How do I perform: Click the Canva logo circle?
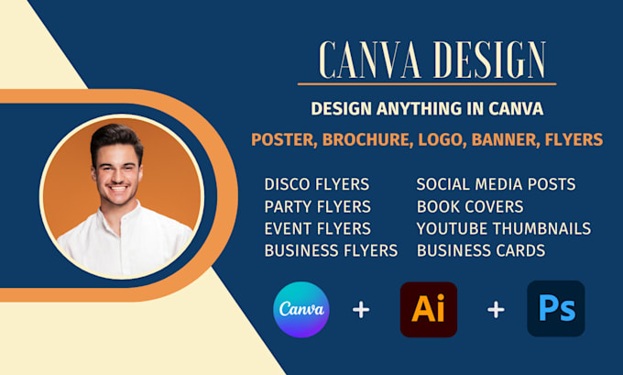(x=301, y=309)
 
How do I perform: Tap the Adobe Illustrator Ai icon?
(x=428, y=309)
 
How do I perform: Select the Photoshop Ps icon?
(x=555, y=309)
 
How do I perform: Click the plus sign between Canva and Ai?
(x=361, y=310)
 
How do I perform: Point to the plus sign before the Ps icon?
(x=496, y=310)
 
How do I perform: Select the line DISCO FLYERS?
(x=317, y=184)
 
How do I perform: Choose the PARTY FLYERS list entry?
(x=317, y=206)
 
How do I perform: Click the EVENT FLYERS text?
(x=317, y=228)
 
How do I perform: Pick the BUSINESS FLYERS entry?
(x=331, y=249)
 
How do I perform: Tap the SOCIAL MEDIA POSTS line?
(x=496, y=184)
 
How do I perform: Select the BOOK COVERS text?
(x=470, y=206)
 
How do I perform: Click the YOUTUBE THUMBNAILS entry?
(x=503, y=228)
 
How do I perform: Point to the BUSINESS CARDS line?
(x=481, y=249)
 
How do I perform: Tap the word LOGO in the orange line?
(x=431, y=139)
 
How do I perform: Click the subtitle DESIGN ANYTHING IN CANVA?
(x=427, y=108)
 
